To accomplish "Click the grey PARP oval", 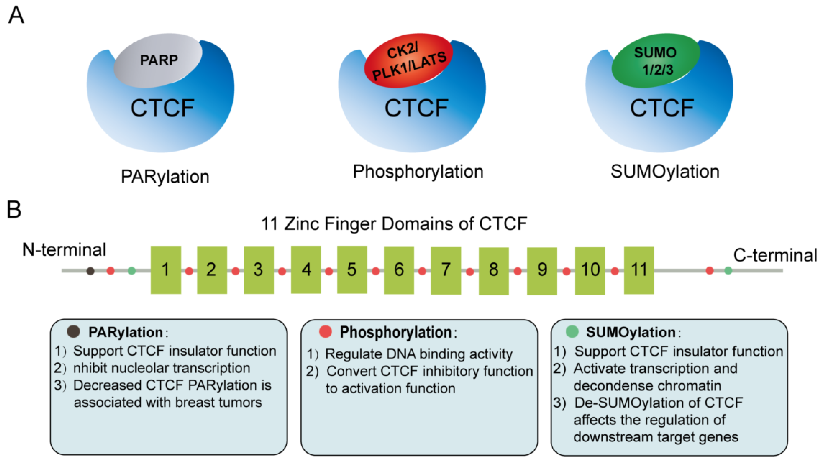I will click(x=158, y=60).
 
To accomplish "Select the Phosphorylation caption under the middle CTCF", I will click(x=418, y=172).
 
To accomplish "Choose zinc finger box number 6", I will click(x=399, y=270).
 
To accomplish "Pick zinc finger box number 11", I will click(x=639, y=270).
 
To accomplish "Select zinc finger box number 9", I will click(x=542, y=271).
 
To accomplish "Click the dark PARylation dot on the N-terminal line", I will click(x=91, y=271).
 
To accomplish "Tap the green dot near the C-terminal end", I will click(x=728, y=271).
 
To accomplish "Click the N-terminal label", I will click(x=64, y=250).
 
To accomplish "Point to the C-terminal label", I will click(x=775, y=256).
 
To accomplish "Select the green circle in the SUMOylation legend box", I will click(x=572, y=331).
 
